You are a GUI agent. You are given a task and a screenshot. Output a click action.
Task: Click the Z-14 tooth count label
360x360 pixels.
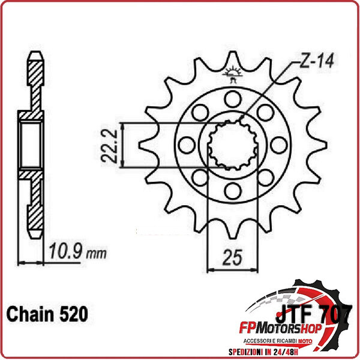pyautogui.click(x=317, y=61)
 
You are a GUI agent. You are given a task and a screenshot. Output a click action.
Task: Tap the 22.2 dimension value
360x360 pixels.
pyautogui.click(x=110, y=146)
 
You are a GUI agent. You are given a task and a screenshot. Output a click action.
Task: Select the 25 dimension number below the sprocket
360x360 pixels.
pyautogui.click(x=232, y=257)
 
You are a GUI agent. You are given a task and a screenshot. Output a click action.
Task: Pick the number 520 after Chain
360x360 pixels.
pyautogui.click(x=73, y=314)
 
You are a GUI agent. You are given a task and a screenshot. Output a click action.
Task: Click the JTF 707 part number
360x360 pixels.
pyautogui.click(x=314, y=314)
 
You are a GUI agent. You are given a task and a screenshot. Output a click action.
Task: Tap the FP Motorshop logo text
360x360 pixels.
pyautogui.click(x=280, y=329)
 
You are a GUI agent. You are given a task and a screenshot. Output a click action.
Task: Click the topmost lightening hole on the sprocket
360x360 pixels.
pyautogui.click(x=233, y=99)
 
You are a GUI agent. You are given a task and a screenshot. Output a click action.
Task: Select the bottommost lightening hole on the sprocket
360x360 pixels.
pyautogui.click(x=233, y=191)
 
